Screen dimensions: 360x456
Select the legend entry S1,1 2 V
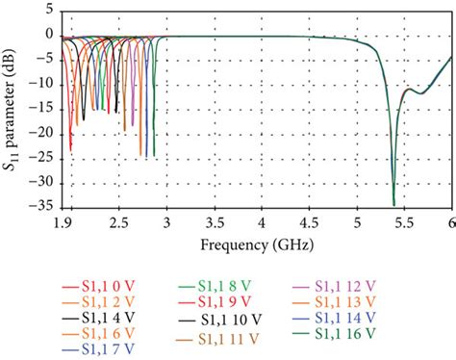93,303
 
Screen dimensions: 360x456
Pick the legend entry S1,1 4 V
93,320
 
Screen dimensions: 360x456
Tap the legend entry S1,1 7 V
93,350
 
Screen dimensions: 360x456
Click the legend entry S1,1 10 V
217,320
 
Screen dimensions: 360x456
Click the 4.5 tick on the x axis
308,220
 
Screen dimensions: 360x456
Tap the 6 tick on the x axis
450,220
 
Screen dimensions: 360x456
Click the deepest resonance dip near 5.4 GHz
393,203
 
